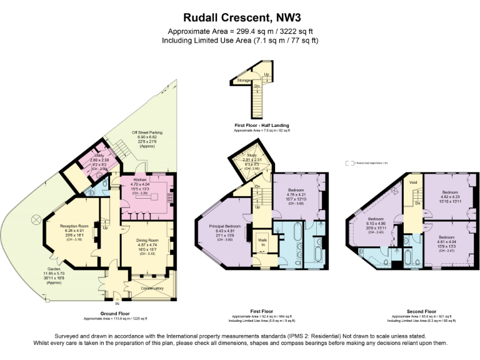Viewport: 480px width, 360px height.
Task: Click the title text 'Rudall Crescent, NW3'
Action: point(240,17)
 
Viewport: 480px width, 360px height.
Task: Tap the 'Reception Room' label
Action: point(74,226)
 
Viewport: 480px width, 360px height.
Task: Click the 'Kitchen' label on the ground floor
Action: point(139,179)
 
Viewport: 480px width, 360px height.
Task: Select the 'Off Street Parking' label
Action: point(147,132)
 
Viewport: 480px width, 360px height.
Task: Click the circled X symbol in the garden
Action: point(36,218)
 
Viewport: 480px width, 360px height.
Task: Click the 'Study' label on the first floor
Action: point(252,156)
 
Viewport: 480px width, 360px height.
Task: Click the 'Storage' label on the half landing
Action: point(244,81)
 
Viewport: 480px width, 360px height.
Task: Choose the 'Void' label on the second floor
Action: point(413,182)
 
